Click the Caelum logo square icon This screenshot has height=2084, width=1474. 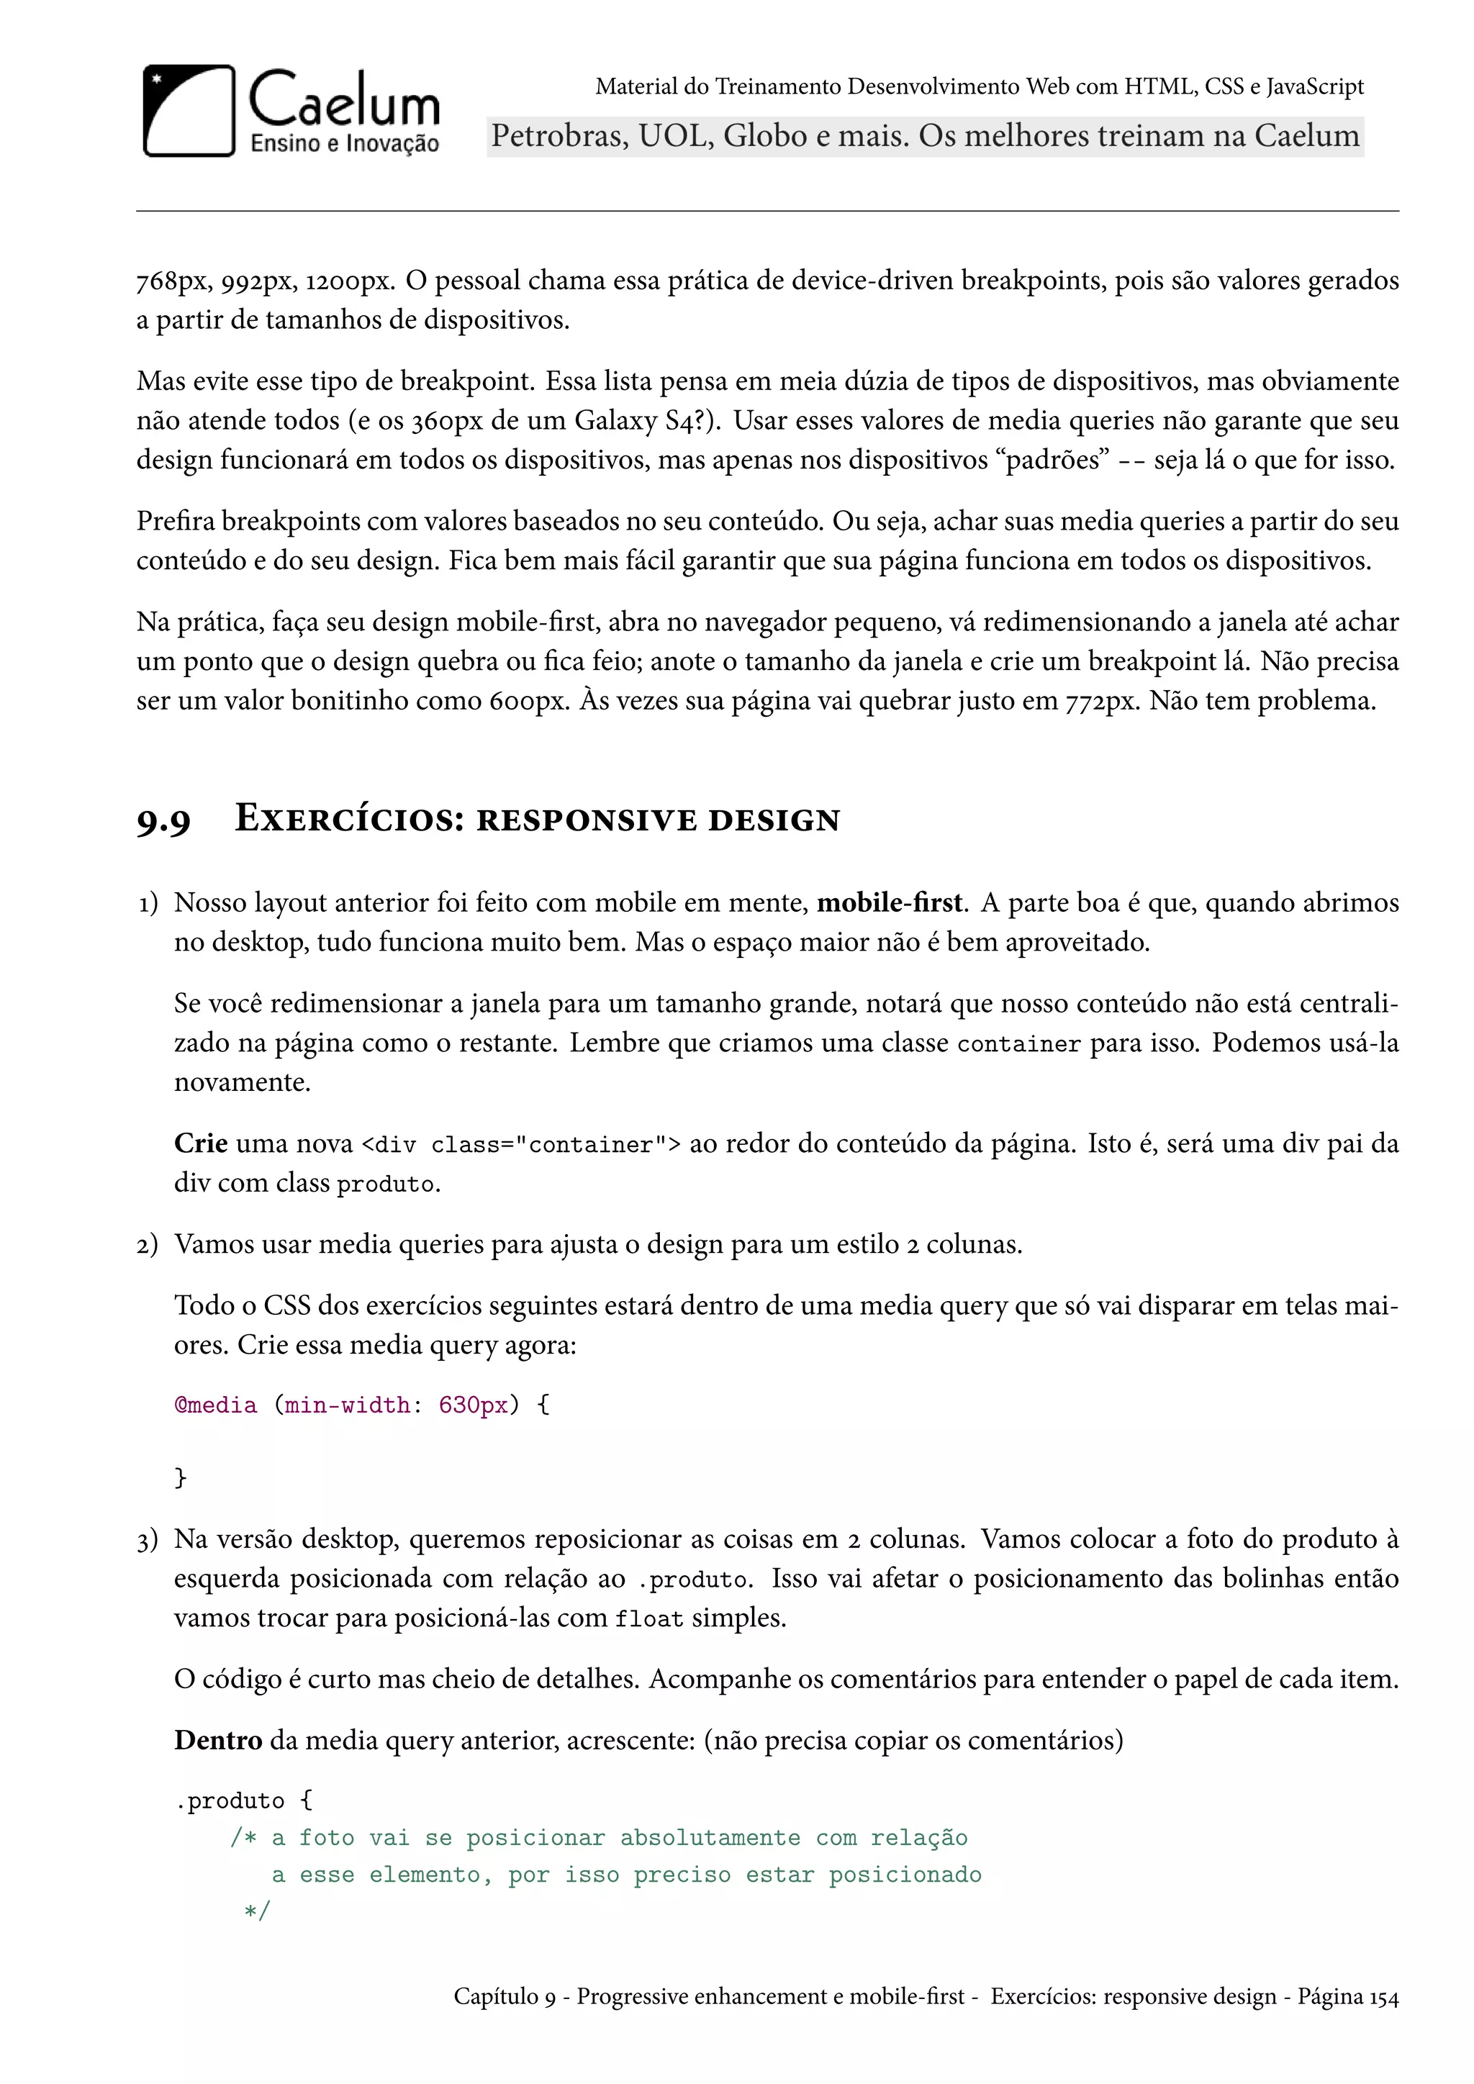coord(189,111)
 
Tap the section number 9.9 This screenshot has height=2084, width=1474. coord(164,820)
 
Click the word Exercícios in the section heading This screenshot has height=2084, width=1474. coord(350,819)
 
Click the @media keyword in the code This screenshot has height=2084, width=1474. coord(216,1405)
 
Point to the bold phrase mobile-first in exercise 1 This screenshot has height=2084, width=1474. coord(889,903)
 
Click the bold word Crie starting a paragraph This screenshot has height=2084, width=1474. coord(201,1143)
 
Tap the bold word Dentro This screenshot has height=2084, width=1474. coord(218,1740)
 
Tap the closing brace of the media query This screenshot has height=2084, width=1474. coord(181,1477)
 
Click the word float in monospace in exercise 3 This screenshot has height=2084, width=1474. coord(649,1619)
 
